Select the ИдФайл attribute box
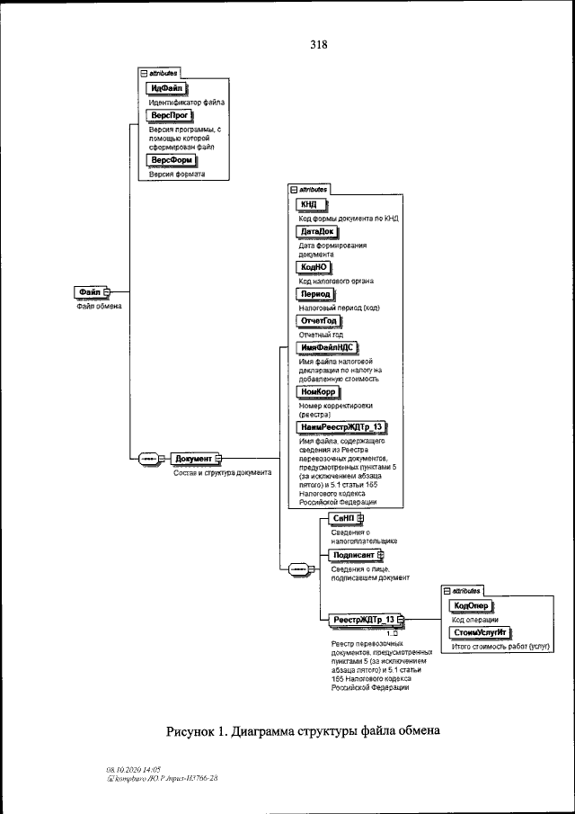(x=165, y=88)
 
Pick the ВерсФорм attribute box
(x=172, y=160)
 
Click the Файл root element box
(x=89, y=291)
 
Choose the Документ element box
(x=193, y=459)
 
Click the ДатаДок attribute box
(x=316, y=231)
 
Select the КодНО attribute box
(x=314, y=267)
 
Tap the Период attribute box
(x=315, y=293)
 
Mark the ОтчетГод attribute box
(x=320, y=321)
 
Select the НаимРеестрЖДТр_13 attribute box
(x=341, y=427)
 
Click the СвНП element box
(x=344, y=519)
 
